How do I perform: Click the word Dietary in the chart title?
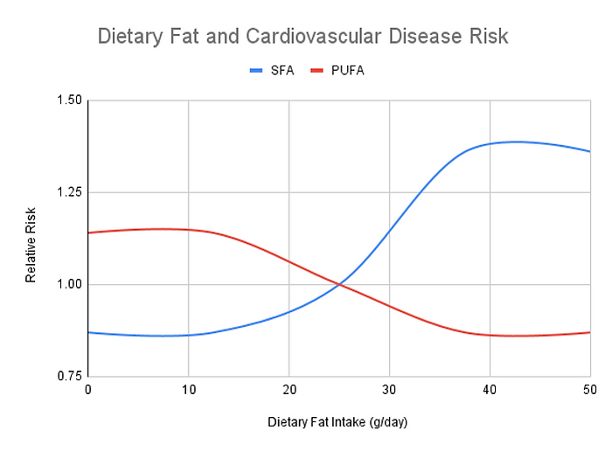pyautogui.click(x=129, y=38)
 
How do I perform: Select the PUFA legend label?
pyautogui.click(x=347, y=71)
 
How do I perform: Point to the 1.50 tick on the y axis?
pyautogui.click(x=68, y=101)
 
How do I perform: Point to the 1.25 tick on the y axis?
pyautogui.click(x=68, y=192)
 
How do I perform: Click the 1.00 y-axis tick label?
pyautogui.click(x=68, y=284)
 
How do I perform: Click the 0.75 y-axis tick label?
pyautogui.click(x=68, y=376)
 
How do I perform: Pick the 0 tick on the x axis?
pyautogui.click(x=88, y=390)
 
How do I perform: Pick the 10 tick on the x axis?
pyautogui.click(x=188, y=390)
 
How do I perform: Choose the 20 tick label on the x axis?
pyautogui.click(x=289, y=390)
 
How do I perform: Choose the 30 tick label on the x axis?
pyautogui.click(x=389, y=390)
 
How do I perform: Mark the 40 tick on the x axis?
pyautogui.click(x=490, y=390)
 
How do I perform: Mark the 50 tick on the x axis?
pyautogui.click(x=589, y=390)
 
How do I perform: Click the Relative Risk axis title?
pyautogui.click(x=31, y=239)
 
